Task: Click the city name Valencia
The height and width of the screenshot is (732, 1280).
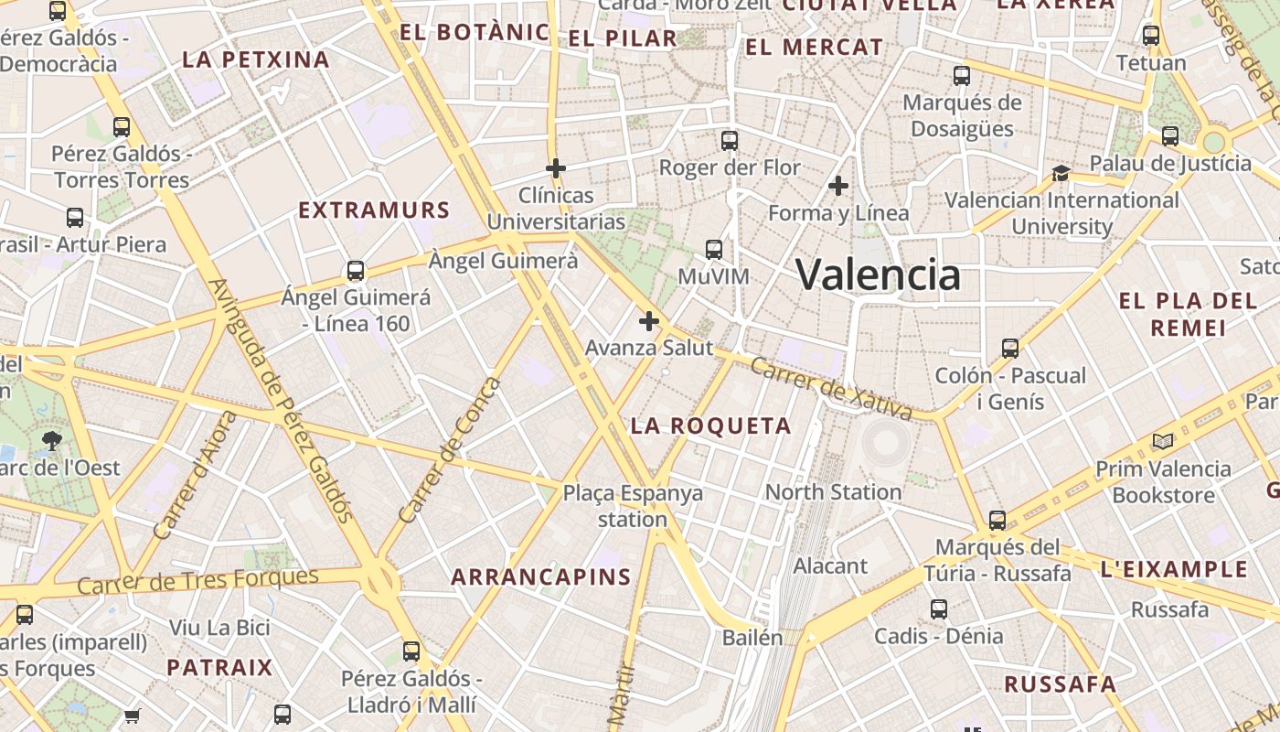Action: pyautogui.click(x=878, y=274)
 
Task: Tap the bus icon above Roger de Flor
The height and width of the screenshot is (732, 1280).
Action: pyautogui.click(x=729, y=141)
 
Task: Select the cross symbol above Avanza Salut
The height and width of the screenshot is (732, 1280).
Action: pyautogui.click(x=649, y=321)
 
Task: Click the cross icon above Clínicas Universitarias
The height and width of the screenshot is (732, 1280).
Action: pyautogui.click(x=555, y=168)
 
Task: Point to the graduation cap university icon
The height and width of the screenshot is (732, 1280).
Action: pyautogui.click(x=1061, y=173)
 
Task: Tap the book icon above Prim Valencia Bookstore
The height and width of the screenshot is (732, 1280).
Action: pyautogui.click(x=1163, y=442)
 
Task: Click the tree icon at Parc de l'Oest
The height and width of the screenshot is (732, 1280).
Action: pyautogui.click(x=51, y=441)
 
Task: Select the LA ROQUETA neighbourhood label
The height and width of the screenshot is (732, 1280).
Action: pyautogui.click(x=711, y=425)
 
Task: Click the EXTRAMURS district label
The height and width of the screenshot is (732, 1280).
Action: pyautogui.click(x=374, y=210)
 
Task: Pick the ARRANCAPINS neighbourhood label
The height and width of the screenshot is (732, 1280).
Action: pyautogui.click(x=541, y=576)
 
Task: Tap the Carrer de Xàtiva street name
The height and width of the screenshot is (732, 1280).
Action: pyautogui.click(x=830, y=389)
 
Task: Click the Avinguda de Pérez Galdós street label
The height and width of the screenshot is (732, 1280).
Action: pyautogui.click(x=281, y=400)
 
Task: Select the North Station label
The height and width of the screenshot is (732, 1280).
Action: pyautogui.click(x=833, y=492)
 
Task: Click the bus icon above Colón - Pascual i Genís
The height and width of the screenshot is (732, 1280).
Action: pyautogui.click(x=1010, y=349)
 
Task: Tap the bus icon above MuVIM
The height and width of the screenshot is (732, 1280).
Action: pyautogui.click(x=714, y=249)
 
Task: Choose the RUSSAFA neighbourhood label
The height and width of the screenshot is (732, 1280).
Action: pyautogui.click(x=1061, y=684)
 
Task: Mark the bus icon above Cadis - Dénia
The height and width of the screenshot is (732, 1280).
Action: pyautogui.click(x=938, y=609)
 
